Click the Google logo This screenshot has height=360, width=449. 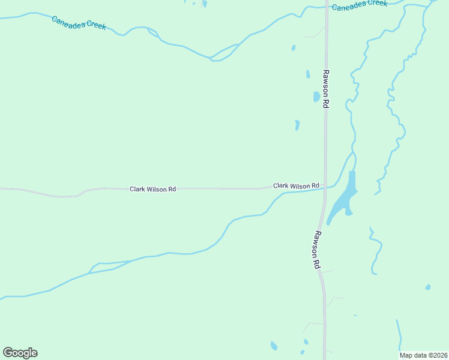tap(20, 353)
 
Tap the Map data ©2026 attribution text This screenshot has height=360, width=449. tap(424, 355)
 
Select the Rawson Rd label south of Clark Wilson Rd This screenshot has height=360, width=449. tap(316, 250)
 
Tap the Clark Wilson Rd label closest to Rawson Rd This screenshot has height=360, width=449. tap(296, 186)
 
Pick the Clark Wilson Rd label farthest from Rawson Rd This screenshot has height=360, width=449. tap(153, 189)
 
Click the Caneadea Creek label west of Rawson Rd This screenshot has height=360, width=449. tap(79, 23)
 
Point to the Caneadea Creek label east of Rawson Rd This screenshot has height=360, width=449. tap(360, 5)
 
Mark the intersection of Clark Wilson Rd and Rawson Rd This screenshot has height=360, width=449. tap(325, 187)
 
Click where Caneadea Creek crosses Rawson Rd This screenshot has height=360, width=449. tap(326, 7)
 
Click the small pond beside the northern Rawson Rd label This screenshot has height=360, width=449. tap(316, 97)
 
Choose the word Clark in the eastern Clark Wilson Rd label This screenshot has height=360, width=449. tap(281, 186)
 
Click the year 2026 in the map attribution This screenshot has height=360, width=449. tap(439, 355)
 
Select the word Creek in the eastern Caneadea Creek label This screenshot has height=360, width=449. tap(376, 4)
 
